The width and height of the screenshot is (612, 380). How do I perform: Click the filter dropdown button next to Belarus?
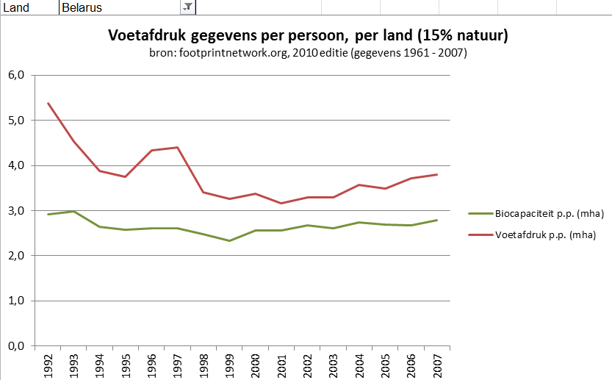[x=187, y=7]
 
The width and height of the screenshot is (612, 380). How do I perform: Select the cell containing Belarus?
[x=118, y=7]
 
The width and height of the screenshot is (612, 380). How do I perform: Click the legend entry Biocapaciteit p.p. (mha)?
[x=537, y=213]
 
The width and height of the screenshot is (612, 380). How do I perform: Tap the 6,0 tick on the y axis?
[x=16, y=75]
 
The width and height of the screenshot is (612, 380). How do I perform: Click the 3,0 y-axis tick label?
[x=16, y=211]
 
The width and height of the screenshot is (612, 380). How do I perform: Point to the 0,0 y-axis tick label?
[x=16, y=346]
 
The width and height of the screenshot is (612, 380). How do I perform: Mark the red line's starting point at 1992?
[x=48, y=103]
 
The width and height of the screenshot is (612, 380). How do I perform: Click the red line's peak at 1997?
[x=177, y=148]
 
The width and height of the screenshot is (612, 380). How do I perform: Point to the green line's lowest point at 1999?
[x=229, y=240]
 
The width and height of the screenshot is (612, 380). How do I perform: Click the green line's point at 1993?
[x=73, y=211]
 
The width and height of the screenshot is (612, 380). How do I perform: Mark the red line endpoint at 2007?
[x=436, y=174]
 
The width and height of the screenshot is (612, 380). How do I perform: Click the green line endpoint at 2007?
[x=436, y=220]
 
